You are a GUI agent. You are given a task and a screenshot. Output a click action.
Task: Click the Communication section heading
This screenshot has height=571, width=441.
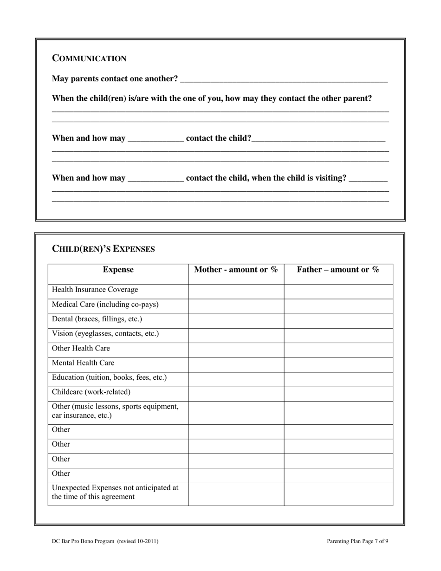89,58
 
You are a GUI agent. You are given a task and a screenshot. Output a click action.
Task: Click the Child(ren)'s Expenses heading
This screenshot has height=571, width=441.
104,249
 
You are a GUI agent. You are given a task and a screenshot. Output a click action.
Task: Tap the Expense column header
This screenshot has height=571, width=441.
118,270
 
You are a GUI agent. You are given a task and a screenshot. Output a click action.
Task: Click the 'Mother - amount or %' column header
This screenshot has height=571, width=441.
236,270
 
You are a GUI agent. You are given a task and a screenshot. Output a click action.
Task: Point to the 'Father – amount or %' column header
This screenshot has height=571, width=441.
338,270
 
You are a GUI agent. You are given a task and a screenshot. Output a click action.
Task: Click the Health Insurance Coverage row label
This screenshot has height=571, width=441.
95,290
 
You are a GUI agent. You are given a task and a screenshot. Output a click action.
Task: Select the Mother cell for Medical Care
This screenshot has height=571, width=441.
236,306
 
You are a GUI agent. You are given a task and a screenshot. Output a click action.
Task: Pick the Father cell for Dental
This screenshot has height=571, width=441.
338,321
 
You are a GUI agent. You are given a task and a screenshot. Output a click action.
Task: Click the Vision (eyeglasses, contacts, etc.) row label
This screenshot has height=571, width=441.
105,334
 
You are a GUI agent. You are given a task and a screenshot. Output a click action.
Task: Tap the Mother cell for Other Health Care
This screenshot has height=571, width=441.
236,350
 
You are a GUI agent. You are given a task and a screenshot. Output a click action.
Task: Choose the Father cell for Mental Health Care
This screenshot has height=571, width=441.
338,364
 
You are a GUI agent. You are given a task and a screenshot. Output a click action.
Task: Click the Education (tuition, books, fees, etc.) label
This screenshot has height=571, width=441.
109,378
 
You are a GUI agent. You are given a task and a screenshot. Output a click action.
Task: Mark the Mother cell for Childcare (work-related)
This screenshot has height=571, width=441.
236,394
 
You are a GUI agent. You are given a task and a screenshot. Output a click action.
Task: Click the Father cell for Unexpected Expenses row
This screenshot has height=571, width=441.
338,494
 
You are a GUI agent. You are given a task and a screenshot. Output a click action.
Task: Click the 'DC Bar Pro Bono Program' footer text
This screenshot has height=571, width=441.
84,541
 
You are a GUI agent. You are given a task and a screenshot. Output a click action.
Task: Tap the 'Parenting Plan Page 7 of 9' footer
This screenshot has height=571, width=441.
357,541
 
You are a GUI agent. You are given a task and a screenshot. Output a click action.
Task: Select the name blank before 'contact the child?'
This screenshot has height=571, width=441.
156,139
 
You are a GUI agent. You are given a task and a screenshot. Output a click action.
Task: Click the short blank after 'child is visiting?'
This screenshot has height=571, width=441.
368,179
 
